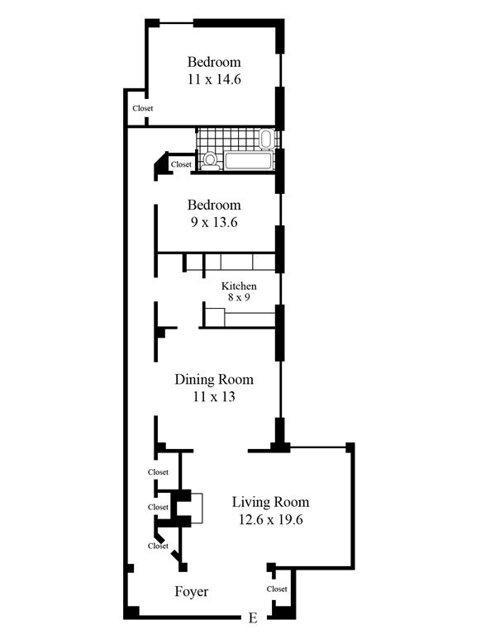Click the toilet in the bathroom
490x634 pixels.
pos(210,161)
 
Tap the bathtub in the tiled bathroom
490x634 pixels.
pos(248,161)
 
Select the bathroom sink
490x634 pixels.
pos(266,139)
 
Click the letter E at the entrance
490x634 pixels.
pos(253,617)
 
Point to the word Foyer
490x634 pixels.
pos(192,592)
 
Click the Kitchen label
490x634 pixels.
pos(239,286)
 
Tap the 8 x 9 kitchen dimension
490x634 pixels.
pos(239,297)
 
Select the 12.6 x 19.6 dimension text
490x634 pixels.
pos(270,519)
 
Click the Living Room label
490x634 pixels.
pos(270,502)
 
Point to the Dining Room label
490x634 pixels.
pos(214,379)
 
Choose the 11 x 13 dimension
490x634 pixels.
pos(214,396)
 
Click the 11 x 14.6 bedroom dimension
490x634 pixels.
pos(214,79)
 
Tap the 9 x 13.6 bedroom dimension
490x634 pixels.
pos(214,222)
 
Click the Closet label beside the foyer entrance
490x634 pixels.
pos(277,589)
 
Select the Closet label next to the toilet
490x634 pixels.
pos(181,164)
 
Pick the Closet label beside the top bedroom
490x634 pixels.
pos(143,108)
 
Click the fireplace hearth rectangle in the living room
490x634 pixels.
pos(197,509)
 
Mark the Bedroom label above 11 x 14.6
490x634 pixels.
pos(214,62)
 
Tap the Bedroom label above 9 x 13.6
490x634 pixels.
pos(214,205)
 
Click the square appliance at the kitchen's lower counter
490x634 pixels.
pos(215,317)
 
